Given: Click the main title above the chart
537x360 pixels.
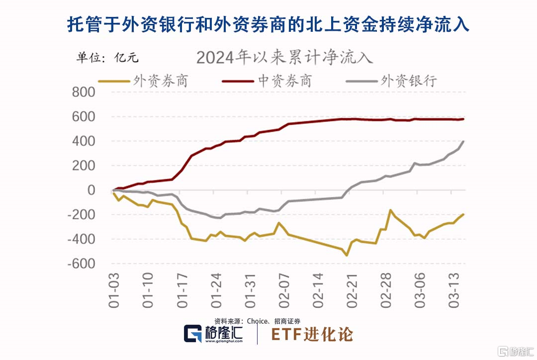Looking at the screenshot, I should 268,24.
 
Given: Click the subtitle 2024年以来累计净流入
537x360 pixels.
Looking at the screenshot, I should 284,57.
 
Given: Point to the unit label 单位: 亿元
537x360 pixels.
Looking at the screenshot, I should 107,57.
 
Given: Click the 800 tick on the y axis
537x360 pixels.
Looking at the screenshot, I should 83,92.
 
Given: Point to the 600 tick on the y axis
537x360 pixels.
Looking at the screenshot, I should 83,117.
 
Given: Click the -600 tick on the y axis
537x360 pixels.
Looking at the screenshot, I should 81,264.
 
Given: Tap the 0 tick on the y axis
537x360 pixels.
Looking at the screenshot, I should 90,190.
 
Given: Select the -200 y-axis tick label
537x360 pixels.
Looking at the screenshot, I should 81,215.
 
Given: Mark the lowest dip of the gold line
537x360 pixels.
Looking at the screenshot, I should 346,255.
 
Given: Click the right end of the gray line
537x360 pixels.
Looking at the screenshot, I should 463,141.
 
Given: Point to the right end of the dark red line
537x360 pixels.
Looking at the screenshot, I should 463,119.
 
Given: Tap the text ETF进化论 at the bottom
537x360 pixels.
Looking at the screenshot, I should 312,334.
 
